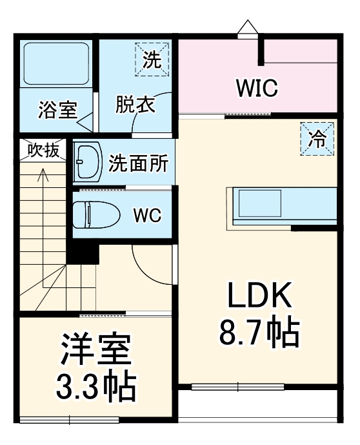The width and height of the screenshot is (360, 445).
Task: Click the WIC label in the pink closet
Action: (256, 88)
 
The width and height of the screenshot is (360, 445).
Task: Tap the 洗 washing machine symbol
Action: (151, 60)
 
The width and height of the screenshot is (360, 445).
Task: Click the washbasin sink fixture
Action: (88, 160)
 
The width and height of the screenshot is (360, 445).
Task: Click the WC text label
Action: (147, 215)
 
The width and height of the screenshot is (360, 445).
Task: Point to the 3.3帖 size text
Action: (94, 387)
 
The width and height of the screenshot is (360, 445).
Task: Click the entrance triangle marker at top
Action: (246, 26)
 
